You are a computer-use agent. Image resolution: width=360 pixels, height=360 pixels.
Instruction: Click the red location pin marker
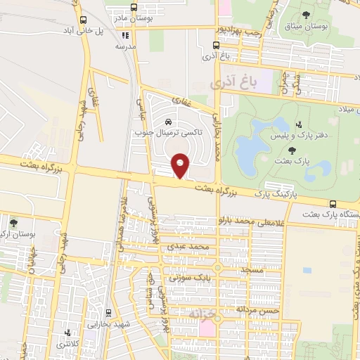181,165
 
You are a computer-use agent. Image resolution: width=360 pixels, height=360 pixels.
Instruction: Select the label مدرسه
126,46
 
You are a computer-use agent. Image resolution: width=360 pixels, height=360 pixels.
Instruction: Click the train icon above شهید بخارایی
108,312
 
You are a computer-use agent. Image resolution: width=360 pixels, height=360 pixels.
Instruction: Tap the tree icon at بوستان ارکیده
13,222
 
